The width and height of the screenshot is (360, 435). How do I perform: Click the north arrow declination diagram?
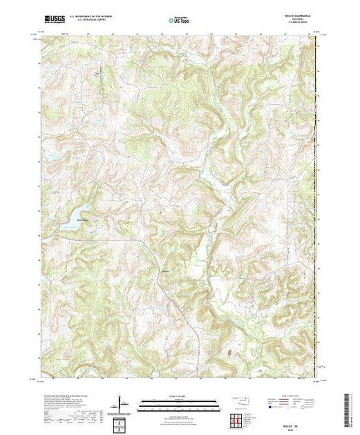(122, 404)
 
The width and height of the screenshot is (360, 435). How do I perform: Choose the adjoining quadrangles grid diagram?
(236, 419)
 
